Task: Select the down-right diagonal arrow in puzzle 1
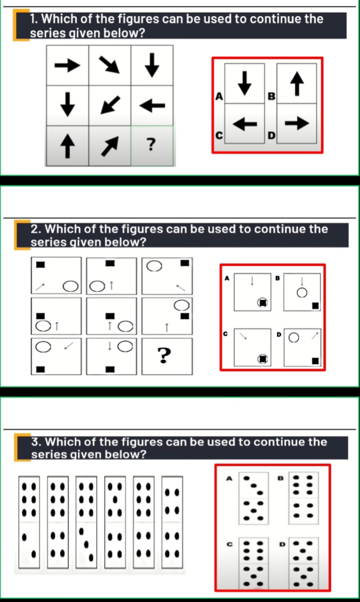(x=109, y=65)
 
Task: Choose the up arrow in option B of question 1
(x=297, y=83)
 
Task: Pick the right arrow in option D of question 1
(x=297, y=123)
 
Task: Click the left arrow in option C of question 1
(x=245, y=123)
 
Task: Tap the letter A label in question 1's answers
(x=219, y=95)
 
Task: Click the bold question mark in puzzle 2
(x=163, y=356)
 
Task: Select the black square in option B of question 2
(x=315, y=305)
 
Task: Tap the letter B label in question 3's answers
(x=282, y=477)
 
